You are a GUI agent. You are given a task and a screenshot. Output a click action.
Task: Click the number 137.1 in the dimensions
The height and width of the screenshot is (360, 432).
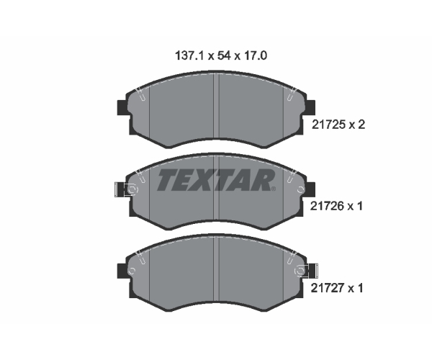pos(189,56)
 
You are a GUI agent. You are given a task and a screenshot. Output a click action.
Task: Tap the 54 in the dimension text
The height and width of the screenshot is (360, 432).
pos(224,56)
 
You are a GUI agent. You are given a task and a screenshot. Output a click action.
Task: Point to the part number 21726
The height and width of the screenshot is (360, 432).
pos(327,206)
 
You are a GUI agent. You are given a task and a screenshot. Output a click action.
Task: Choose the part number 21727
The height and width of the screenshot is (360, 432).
pos(328,289)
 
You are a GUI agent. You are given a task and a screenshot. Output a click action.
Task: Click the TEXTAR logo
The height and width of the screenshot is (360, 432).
pos(216,180)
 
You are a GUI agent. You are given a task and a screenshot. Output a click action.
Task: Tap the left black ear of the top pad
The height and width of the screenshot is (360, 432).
pos(122,107)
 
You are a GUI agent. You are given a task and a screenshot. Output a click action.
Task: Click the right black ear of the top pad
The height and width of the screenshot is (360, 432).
pos(310,107)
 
